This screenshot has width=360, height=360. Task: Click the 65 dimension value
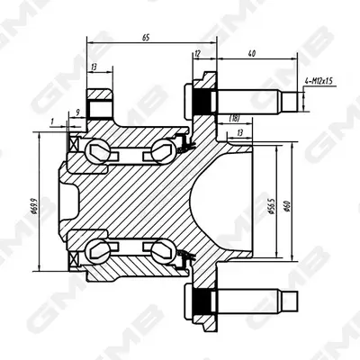146,38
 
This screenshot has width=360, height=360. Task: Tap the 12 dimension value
197,53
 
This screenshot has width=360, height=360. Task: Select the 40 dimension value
252,53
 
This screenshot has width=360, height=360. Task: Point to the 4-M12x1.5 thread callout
319,81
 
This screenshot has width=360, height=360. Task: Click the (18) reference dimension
234,119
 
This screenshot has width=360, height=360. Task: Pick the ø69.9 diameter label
34,205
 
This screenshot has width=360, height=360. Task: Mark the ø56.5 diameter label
271,206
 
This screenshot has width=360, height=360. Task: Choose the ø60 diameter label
286,207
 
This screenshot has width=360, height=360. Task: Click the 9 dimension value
77,112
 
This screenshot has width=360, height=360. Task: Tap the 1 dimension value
52,121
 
